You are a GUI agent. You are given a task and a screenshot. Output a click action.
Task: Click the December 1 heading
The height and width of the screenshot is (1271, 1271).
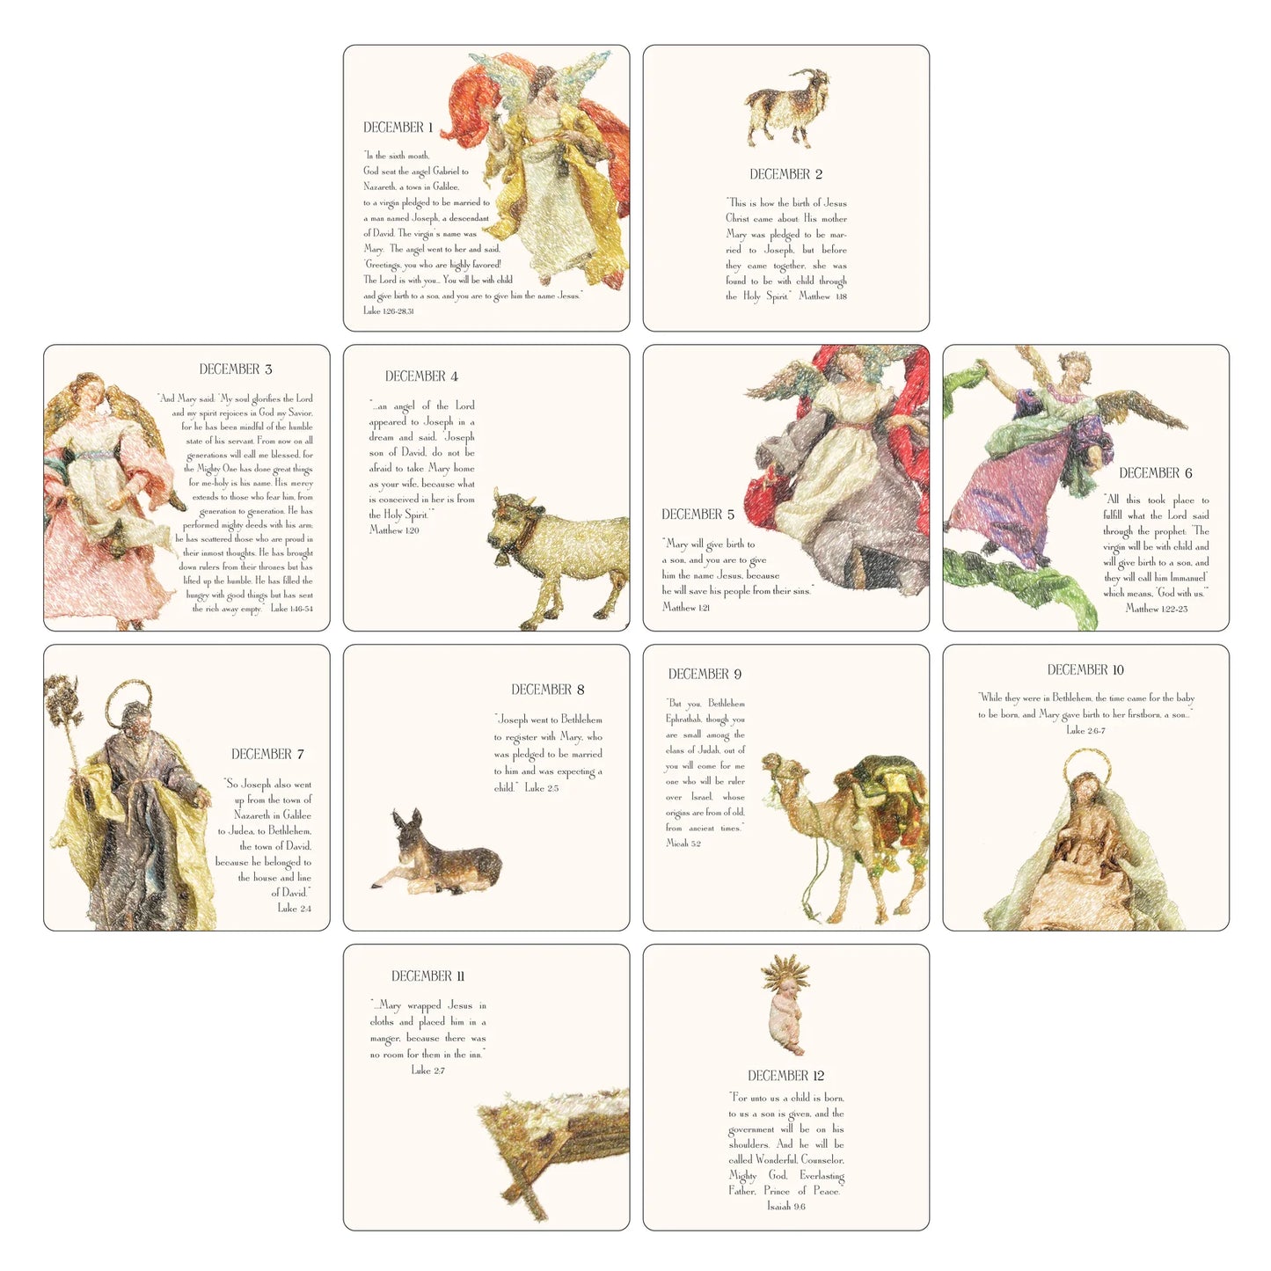click(398, 128)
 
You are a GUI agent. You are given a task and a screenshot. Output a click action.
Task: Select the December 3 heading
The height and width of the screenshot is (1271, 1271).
click(235, 369)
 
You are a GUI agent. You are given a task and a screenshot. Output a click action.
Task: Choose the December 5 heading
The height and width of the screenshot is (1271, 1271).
click(698, 515)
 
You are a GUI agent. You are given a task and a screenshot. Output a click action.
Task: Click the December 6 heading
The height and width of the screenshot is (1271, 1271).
click(1155, 473)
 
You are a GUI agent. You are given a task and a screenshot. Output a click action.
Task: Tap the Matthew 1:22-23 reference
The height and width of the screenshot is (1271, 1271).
click(1156, 609)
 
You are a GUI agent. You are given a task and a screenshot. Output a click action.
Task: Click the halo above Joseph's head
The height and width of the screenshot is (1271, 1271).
click(128, 695)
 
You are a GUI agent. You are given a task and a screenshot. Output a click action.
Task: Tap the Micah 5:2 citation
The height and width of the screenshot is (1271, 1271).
click(683, 844)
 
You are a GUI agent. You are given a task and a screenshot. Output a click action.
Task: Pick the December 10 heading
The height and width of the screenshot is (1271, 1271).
click(1085, 670)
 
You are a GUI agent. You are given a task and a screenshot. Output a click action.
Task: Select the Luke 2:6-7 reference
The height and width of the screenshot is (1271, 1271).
click(1085, 731)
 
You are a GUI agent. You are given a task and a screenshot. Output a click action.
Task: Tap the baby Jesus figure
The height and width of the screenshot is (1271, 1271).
click(785, 1020)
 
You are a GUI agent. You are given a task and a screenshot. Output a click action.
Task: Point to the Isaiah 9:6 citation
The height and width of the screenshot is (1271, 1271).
click(785, 1207)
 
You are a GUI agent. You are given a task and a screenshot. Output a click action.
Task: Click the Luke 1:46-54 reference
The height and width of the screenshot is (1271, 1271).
click(291, 609)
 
